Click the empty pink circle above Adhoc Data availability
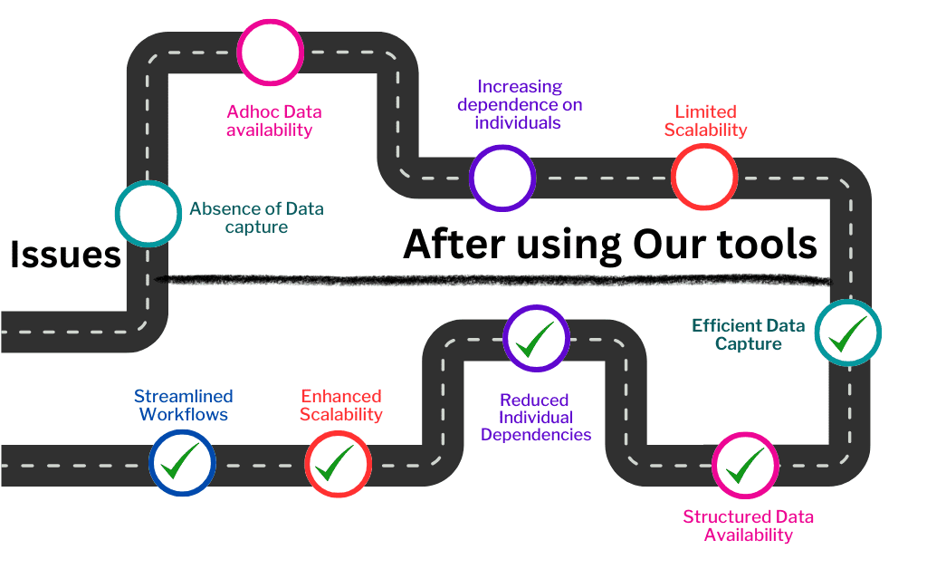pos(270,21)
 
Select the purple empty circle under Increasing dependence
pos(502,147)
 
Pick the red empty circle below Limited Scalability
pos(704,146)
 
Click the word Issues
pos(65,255)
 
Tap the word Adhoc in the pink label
pos(249,111)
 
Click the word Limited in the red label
pos(705,111)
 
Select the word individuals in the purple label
pos(517,122)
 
